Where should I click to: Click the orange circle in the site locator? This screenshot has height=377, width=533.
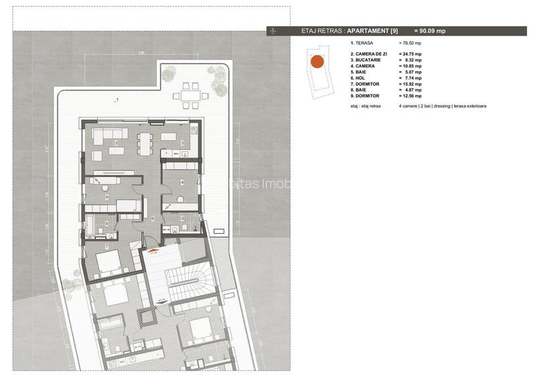click(x=317, y=62)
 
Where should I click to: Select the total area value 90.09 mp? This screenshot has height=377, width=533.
click(x=430, y=31)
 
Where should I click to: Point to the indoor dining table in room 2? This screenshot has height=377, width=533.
click(x=145, y=141)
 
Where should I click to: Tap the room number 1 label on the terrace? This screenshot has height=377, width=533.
click(x=117, y=100)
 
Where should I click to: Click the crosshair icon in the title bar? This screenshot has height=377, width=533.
click(x=272, y=31)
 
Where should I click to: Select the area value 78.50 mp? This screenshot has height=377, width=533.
click(x=410, y=42)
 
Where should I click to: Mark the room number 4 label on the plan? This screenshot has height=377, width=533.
click(x=182, y=181)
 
